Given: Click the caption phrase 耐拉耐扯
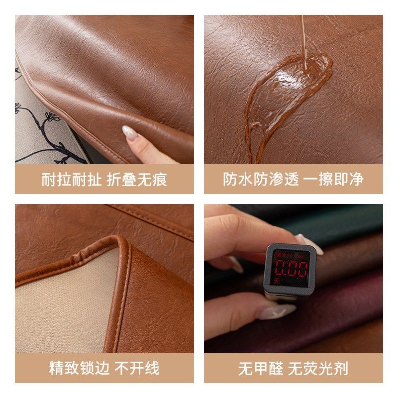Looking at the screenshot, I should click(71, 180).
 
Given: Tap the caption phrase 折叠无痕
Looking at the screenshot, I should click(137, 180).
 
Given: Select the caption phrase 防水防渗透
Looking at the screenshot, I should click(261, 180).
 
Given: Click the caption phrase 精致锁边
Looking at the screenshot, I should click(79, 369).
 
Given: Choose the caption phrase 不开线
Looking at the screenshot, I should click(137, 369).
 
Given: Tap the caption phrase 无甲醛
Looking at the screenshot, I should click(260, 369).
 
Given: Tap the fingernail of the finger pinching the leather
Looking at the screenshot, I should click(129, 132).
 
